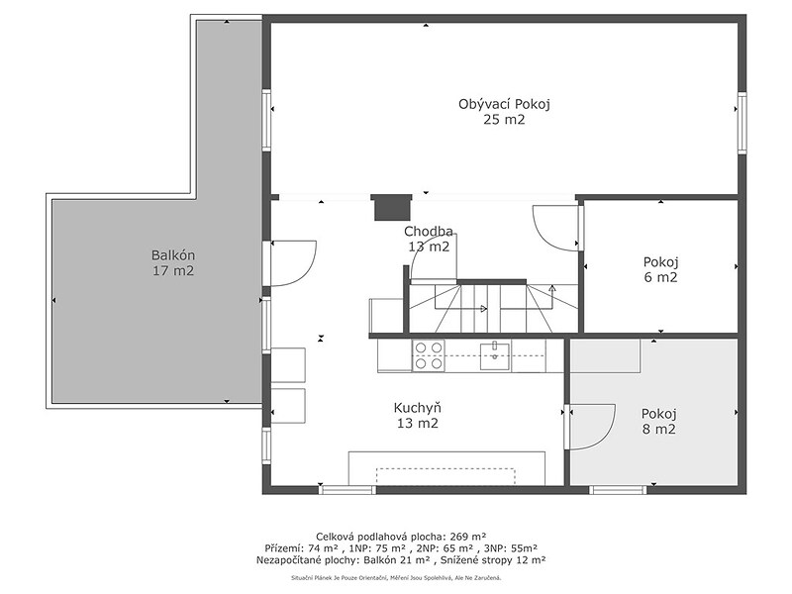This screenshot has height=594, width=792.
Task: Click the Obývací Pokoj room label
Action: click(504, 105)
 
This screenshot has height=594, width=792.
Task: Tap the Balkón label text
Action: click(173, 255)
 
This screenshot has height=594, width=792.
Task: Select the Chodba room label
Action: click(429, 232)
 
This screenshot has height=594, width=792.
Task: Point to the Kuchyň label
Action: click(417, 408)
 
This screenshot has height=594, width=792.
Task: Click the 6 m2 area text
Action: click(660, 277)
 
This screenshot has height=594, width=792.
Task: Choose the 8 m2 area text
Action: click(658, 430)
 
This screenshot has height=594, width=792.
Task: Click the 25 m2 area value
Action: click(504, 120)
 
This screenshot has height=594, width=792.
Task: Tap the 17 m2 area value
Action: click(173, 270)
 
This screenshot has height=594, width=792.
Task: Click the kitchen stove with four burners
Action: click(429, 355)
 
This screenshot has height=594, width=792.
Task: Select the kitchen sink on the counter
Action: click(494, 355)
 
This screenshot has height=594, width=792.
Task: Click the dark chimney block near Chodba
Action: click(392, 208)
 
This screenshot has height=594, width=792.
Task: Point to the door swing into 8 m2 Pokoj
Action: click(592, 427)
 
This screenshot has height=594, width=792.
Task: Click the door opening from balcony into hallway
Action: click(294, 263)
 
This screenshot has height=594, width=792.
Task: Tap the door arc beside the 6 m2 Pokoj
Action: click(555, 228)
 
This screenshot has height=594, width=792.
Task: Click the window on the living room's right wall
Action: click(742, 123)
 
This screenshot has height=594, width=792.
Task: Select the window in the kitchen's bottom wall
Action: click(348, 489)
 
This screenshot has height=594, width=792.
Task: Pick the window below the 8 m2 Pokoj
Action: click(618, 489)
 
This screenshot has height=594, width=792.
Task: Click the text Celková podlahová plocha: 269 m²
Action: click(401, 536)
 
